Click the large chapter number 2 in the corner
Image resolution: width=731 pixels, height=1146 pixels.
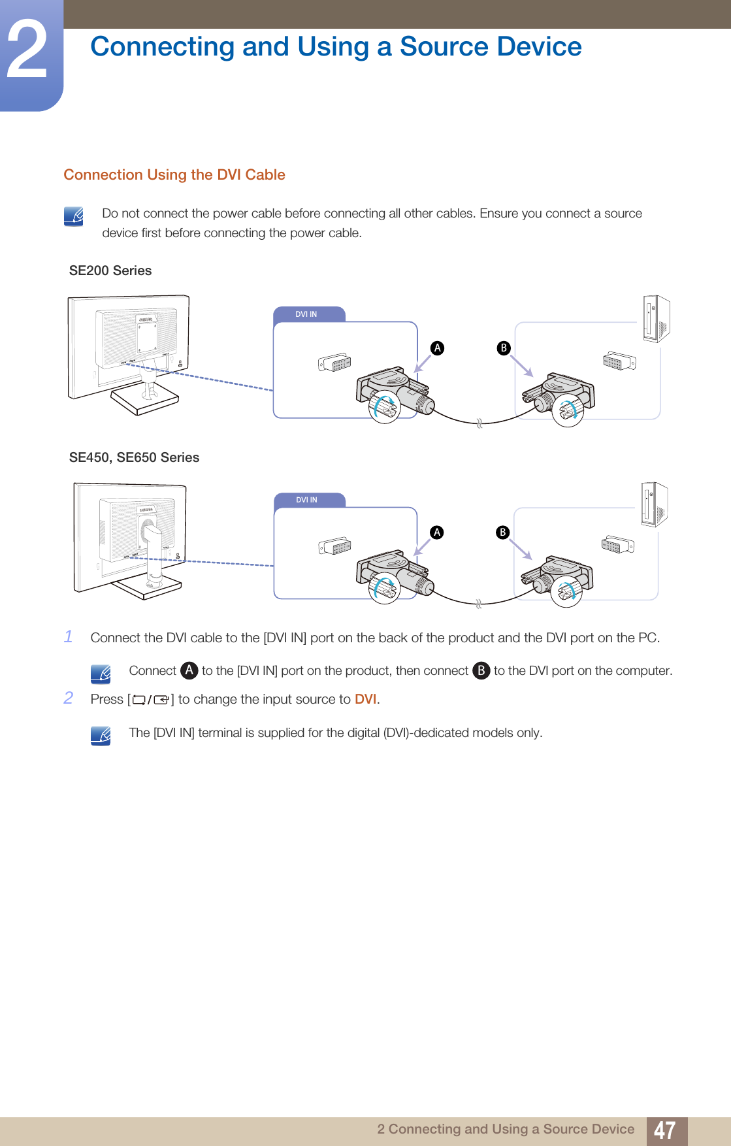(27, 51)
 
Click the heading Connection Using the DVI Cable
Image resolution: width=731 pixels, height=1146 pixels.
(174, 175)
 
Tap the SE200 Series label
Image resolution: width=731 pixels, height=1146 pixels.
(110, 270)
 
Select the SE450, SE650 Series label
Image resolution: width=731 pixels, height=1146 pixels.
(134, 457)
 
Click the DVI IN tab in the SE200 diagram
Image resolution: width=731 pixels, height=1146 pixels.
(306, 314)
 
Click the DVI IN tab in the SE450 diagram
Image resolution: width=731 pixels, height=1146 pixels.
(306, 500)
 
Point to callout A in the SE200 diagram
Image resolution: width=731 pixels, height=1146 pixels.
(437, 348)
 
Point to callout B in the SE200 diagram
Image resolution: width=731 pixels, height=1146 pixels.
(503, 348)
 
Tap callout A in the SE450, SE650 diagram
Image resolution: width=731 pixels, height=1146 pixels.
(436, 532)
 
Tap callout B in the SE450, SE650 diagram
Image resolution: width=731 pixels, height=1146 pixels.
(502, 532)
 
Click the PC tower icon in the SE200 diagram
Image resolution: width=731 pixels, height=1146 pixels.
(656, 318)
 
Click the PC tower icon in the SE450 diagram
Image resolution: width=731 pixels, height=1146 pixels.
(653, 504)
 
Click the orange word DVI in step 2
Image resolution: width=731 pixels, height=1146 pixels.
(365, 699)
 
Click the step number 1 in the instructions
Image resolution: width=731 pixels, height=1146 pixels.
(69, 636)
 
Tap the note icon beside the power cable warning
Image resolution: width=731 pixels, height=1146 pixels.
(74, 216)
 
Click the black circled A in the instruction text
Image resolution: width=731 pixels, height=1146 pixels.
(189, 670)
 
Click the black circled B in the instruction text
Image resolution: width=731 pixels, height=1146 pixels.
(481, 670)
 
